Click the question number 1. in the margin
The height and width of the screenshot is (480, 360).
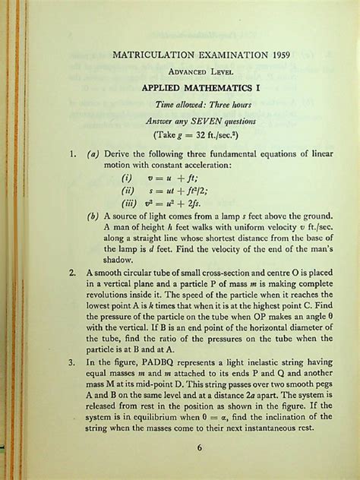71,154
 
